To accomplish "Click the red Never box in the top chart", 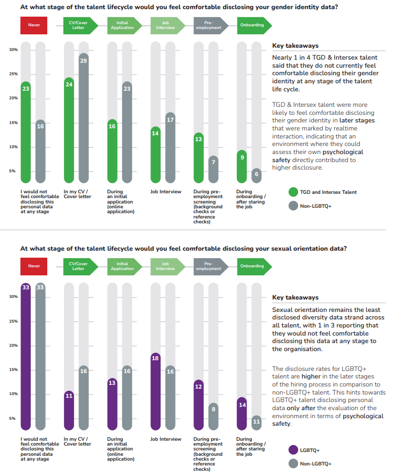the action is [34, 25].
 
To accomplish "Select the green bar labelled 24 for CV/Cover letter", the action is [69, 130].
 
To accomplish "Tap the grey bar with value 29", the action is [83, 118].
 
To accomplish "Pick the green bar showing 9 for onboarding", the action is [242, 166].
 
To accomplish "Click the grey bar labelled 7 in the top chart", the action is [213, 169].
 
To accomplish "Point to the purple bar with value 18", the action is [156, 391].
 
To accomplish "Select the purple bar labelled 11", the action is [69, 411].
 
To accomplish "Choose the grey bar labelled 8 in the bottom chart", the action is [213, 417].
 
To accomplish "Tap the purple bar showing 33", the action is [26, 356].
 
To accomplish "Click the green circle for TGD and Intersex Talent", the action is [293, 192].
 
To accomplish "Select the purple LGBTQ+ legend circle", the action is [293, 450].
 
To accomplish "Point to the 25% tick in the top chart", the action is [13, 74].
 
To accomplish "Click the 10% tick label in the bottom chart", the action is [13, 393].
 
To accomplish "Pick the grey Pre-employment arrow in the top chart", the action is [211, 25].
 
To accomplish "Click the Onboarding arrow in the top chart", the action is [255, 25].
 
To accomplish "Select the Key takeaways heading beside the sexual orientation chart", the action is [295, 297].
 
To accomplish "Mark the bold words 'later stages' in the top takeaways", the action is [357, 120].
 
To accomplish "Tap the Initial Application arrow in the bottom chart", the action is [125, 266].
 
